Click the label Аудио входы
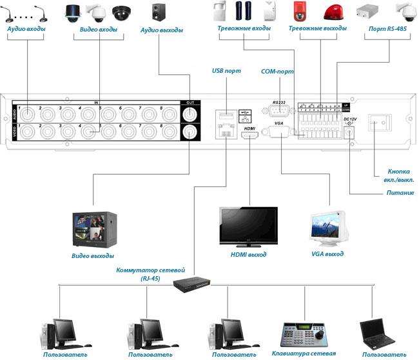point(26,30)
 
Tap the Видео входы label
point(98,30)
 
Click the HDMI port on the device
point(249,135)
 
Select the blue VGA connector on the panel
point(278,132)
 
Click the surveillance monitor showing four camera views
point(93,230)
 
